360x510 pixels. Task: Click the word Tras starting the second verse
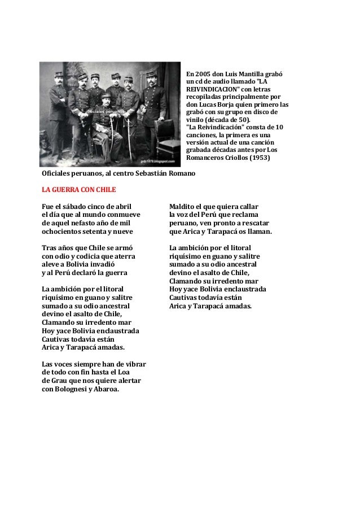coord(50,247)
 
